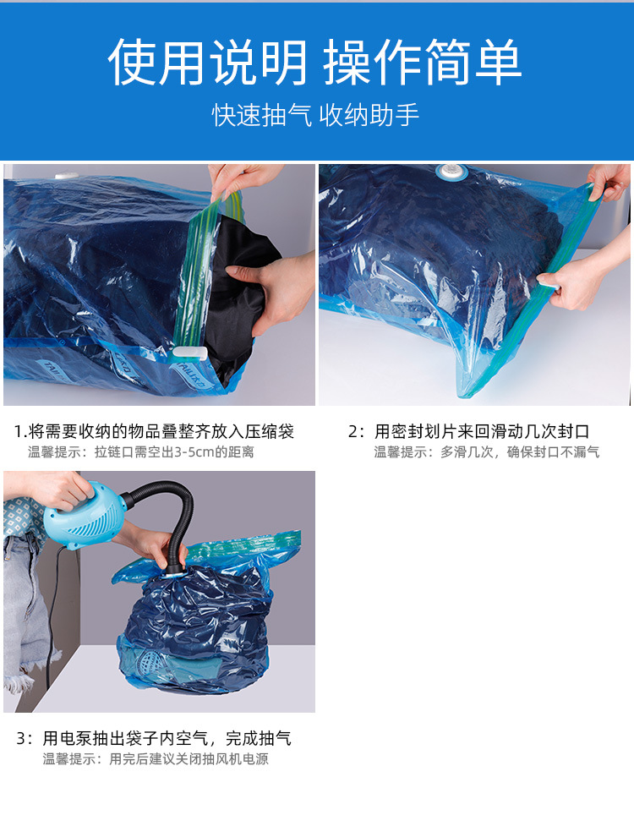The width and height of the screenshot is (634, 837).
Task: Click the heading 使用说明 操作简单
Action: coord(315,61)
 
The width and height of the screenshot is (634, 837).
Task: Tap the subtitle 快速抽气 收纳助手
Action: coord(315,115)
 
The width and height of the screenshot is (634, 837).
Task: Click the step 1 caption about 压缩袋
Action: coord(154,432)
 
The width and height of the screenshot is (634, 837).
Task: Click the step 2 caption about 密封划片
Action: coord(469,432)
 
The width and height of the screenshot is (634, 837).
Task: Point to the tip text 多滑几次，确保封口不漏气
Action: coord(487,452)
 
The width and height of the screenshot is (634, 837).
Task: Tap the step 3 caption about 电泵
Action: coord(154,738)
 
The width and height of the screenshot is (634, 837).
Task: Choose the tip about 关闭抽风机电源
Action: coord(156,759)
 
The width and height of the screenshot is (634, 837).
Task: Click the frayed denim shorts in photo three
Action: coord(25,609)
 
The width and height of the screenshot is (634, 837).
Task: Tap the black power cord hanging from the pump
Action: coord(52,609)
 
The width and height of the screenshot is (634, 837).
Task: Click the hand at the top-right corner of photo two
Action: coord(610,179)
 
